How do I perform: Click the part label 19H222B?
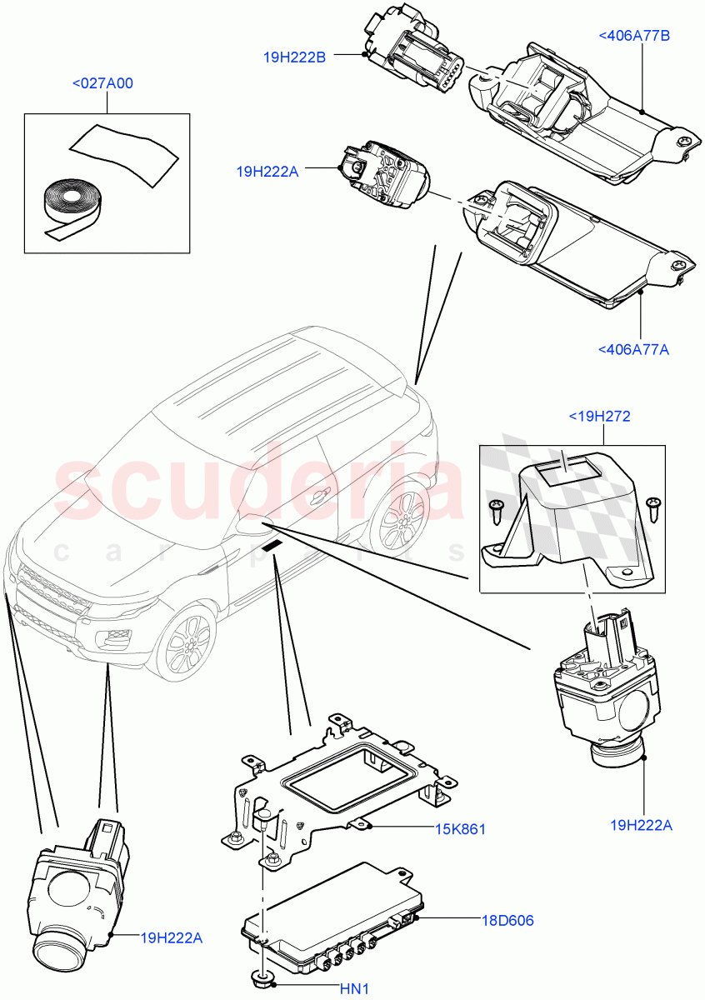(293, 57)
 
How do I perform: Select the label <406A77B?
(634, 35)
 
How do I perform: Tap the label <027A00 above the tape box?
(102, 83)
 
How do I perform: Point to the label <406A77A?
(633, 349)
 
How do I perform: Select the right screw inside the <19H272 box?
(652, 504)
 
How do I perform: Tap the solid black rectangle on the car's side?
(272, 546)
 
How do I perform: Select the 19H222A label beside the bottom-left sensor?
(172, 937)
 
